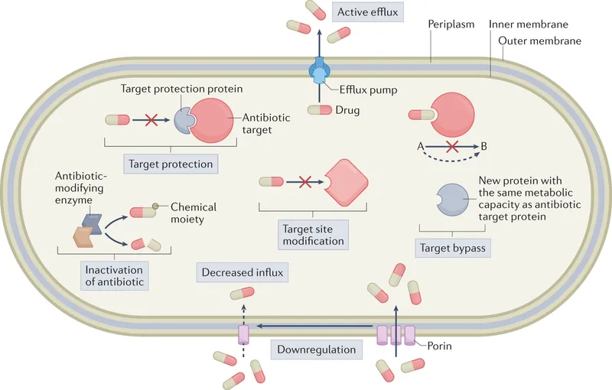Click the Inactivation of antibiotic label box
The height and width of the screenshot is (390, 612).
pos(115,275)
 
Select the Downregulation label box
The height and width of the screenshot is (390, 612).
pos(317,349)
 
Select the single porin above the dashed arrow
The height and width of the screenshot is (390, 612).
pos(244,334)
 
